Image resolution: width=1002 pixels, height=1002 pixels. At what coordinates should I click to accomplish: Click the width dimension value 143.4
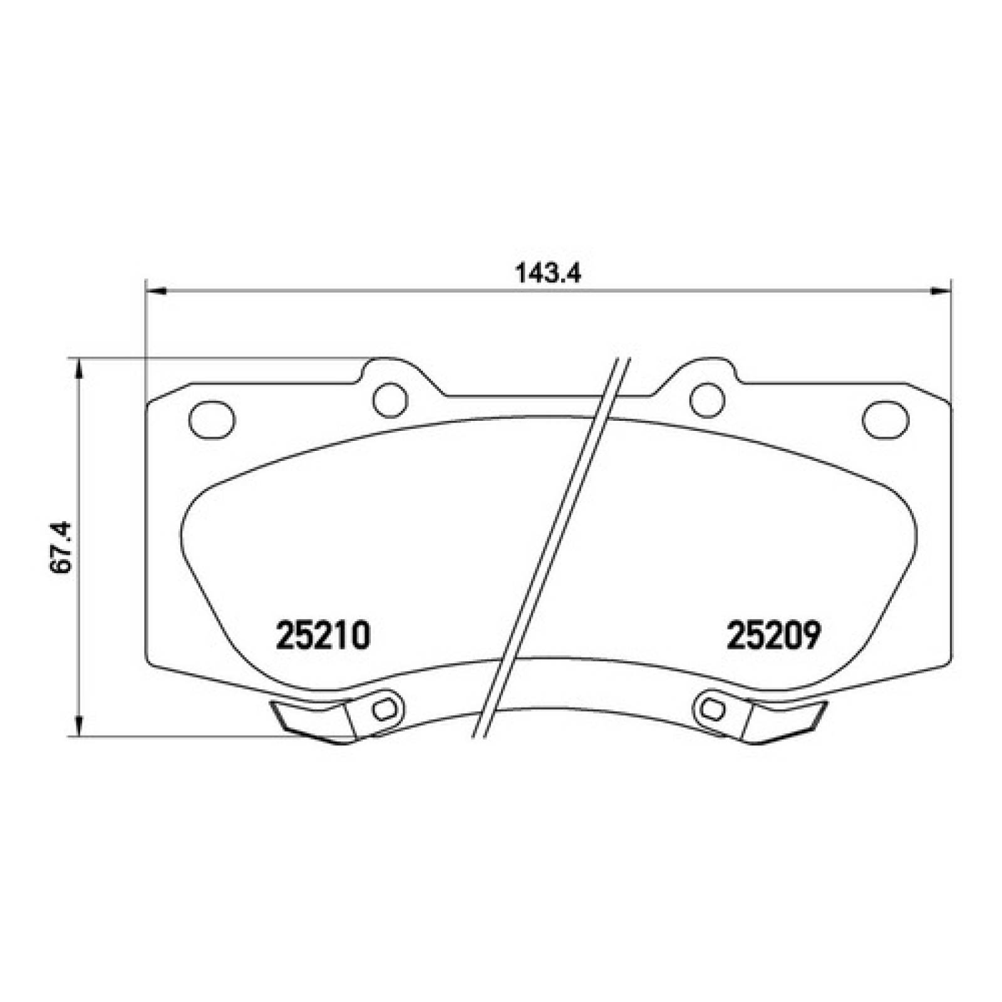click(x=548, y=274)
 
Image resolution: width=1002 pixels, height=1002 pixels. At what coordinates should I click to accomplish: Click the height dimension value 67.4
click(x=63, y=547)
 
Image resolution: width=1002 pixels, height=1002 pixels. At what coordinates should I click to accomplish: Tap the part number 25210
click(x=324, y=636)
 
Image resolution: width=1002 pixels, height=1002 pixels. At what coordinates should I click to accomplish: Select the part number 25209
click(x=773, y=636)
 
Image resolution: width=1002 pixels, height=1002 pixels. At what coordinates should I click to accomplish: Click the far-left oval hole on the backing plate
click(x=212, y=418)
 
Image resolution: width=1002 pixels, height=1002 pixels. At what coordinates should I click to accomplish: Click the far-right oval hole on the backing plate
click(x=886, y=418)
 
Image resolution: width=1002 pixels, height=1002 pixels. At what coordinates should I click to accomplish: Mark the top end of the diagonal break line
click(x=622, y=359)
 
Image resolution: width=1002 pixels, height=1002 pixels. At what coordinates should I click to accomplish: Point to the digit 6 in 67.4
click(x=63, y=567)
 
